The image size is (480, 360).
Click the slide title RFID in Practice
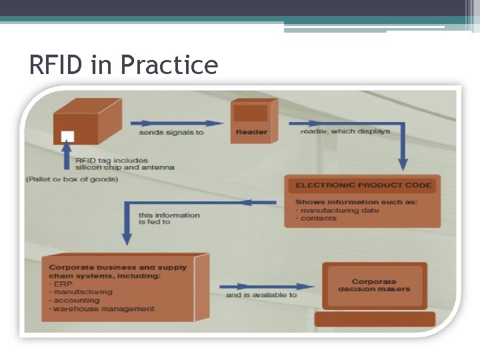(123, 65)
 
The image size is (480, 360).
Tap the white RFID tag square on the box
(67, 136)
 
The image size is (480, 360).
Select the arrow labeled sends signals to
(177, 123)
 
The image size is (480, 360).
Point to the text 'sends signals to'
(171, 132)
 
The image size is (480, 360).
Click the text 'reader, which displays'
(345, 131)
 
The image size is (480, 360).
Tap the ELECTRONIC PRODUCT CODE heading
(363, 185)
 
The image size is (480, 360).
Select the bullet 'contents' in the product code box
(318, 218)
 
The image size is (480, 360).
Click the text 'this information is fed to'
(169, 218)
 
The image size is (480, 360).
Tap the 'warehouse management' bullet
(103, 309)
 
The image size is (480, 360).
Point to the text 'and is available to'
(261, 294)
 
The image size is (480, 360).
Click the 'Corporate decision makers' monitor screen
(374, 285)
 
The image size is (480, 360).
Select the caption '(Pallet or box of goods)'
(72, 179)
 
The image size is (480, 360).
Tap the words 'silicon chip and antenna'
(124, 167)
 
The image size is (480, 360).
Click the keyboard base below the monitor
(375, 319)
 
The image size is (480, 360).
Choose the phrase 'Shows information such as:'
(356, 202)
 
